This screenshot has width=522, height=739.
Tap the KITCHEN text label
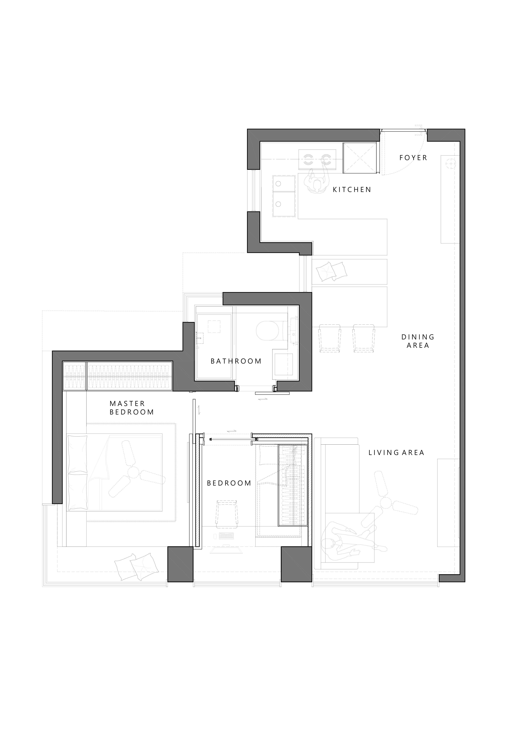click(x=352, y=190)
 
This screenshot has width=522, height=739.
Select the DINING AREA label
click(x=418, y=341)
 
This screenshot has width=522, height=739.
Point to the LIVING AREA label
click(x=396, y=453)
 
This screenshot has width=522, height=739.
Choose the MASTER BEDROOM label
click(x=132, y=408)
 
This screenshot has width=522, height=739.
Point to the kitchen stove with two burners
click(x=317, y=159)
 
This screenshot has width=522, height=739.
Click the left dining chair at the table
click(x=330, y=338)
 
